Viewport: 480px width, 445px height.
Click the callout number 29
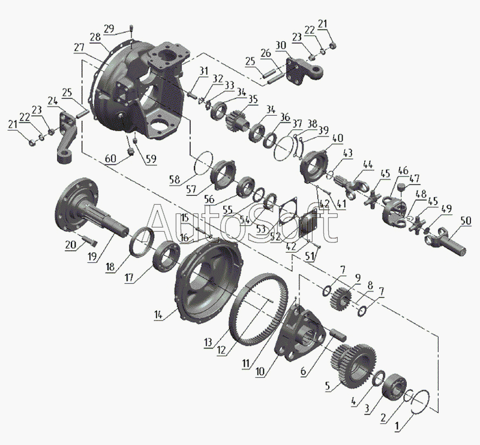pos(109,29)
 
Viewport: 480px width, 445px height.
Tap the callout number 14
pos(158,314)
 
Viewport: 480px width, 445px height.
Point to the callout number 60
pos(110,159)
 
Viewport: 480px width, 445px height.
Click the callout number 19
pos(92,257)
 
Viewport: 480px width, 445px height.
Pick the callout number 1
pos(397,426)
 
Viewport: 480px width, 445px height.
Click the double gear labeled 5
pos(353,365)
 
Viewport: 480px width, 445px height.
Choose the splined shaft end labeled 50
pos(446,242)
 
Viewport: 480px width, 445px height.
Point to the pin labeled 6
pos(338,334)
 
